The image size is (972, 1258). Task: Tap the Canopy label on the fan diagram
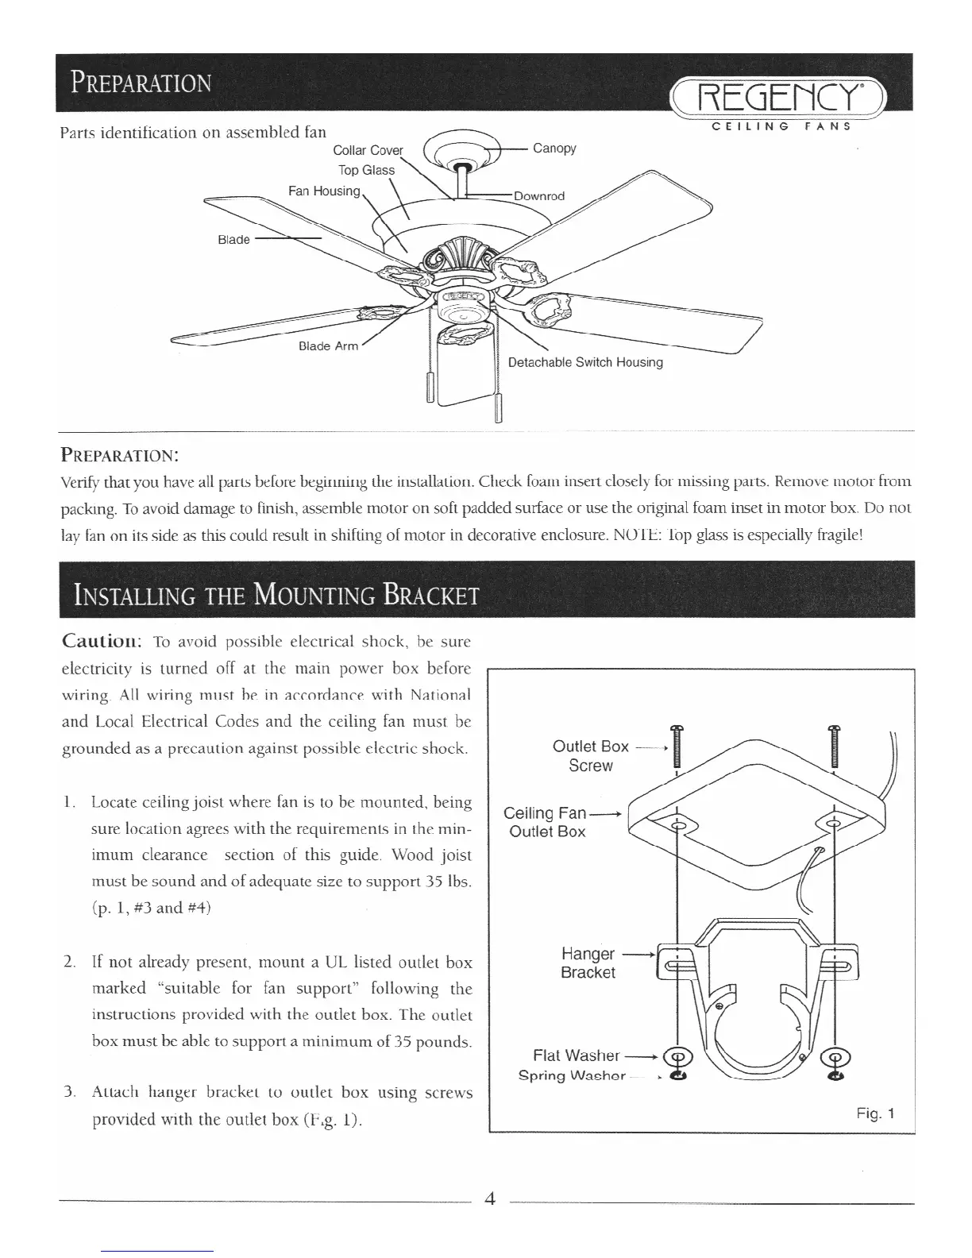click(554, 149)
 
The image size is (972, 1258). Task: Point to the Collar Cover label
click(368, 151)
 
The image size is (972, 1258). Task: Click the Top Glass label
click(366, 170)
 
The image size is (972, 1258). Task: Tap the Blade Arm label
click(328, 346)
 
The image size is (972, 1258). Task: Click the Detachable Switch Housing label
click(584, 362)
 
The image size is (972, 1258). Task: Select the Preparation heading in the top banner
click(141, 83)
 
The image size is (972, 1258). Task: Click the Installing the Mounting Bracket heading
click(276, 594)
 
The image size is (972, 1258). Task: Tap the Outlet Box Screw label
click(590, 756)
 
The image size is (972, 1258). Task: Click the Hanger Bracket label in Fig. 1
click(588, 963)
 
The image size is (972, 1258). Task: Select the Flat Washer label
click(576, 1055)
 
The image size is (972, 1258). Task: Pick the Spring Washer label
click(572, 1076)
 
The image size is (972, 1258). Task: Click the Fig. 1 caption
click(875, 1113)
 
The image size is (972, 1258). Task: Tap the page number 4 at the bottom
click(489, 1199)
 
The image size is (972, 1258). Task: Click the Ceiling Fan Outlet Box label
click(547, 822)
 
